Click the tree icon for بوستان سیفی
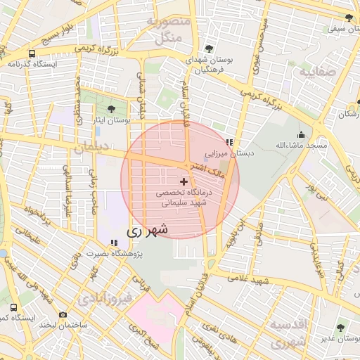tap(349, 18)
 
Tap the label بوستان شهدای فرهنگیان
tap(209, 65)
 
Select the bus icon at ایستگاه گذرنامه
tap(31, 53)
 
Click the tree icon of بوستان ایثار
tap(112, 109)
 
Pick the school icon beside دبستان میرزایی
tap(229, 142)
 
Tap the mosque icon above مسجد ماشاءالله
tap(302, 134)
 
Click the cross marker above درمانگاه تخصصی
tap(184, 181)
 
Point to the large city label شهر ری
tap(148, 230)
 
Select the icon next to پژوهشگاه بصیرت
tap(113, 243)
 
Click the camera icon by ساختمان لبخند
tap(63, 314)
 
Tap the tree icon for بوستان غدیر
tap(341, 328)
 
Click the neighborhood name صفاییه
tap(312, 72)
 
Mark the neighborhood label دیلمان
tap(92, 148)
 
